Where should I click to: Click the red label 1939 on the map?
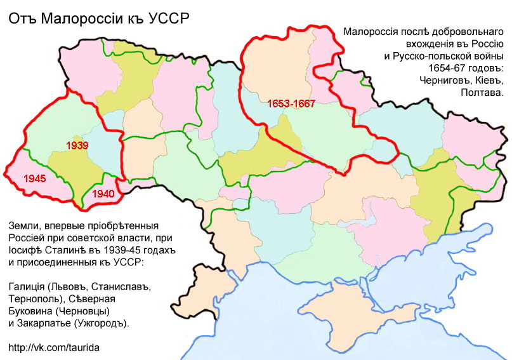[x=77, y=145]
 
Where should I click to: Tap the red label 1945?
[x=34, y=178]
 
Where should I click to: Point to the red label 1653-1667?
[x=291, y=103]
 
